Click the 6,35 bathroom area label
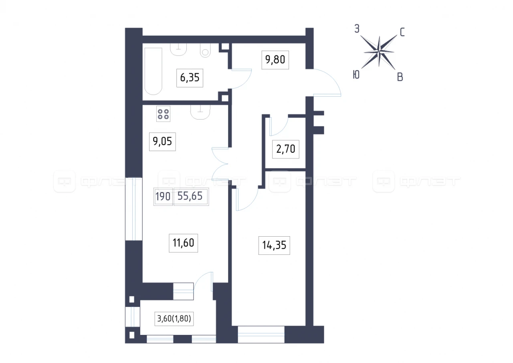tap(190, 78)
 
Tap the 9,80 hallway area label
tap(275, 60)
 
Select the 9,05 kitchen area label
tap(162, 142)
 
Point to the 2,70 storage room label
tap(286, 149)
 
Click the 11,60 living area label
tap(183, 243)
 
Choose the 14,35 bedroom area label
tap(274, 245)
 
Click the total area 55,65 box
tap(191, 197)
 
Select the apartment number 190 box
tap(163, 197)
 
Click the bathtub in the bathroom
tap(153, 71)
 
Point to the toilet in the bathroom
tap(205, 51)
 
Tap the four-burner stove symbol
tap(163, 114)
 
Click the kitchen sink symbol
tap(200, 112)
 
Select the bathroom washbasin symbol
tap(178, 49)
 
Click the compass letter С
tap(402, 32)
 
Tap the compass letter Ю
tap(356, 75)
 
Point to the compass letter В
tap(400, 77)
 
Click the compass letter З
tap(357, 29)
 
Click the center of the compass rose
tap(379, 52)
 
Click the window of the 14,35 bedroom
tap(261, 335)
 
